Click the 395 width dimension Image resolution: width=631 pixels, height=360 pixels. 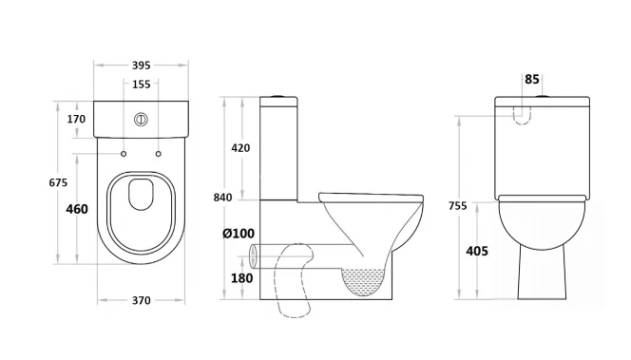click(141, 66)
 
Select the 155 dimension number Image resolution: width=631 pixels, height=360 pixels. click(141, 85)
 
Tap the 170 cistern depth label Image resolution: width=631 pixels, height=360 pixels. click(76, 119)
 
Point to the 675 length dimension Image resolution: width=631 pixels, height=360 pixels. click(58, 182)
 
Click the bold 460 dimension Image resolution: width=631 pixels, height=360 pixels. click(77, 209)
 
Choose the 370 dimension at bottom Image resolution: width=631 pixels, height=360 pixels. click(141, 300)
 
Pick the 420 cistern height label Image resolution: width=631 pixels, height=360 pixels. click(240, 148)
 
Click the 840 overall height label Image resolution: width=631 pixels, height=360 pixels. click(222, 198)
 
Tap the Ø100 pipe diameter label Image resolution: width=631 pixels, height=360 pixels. click(239, 234)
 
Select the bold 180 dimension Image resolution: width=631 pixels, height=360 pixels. click(242, 278)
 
